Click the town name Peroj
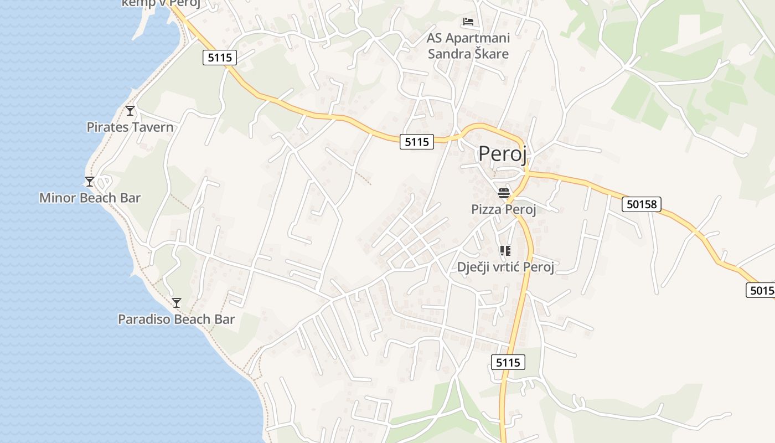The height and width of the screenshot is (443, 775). (503, 154)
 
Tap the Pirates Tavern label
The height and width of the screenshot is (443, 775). (130, 127)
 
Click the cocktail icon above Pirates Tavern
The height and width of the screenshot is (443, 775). (130, 111)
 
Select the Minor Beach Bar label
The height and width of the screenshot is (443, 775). (90, 198)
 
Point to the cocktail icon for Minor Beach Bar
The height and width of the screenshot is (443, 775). (90, 181)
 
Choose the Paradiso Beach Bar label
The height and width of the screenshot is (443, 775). (176, 320)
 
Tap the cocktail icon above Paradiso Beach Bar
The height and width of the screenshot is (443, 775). (177, 302)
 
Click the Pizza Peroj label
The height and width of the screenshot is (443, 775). (504, 209)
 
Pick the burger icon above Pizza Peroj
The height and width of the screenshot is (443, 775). (504, 193)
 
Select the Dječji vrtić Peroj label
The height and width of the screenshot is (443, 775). (505, 267)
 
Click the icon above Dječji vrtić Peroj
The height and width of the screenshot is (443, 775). (505, 251)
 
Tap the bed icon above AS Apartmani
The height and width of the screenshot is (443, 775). (468, 22)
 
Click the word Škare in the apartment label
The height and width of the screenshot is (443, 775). (492, 54)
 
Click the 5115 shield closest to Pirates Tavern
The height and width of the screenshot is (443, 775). (220, 57)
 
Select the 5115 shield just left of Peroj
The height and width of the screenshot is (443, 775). (417, 142)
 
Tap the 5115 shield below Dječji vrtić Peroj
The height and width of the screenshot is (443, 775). (508, 363)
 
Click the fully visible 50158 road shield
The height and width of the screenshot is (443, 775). (642, 204)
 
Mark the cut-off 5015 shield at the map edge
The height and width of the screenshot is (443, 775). (761, 290)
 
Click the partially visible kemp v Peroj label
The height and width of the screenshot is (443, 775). (161, 3)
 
